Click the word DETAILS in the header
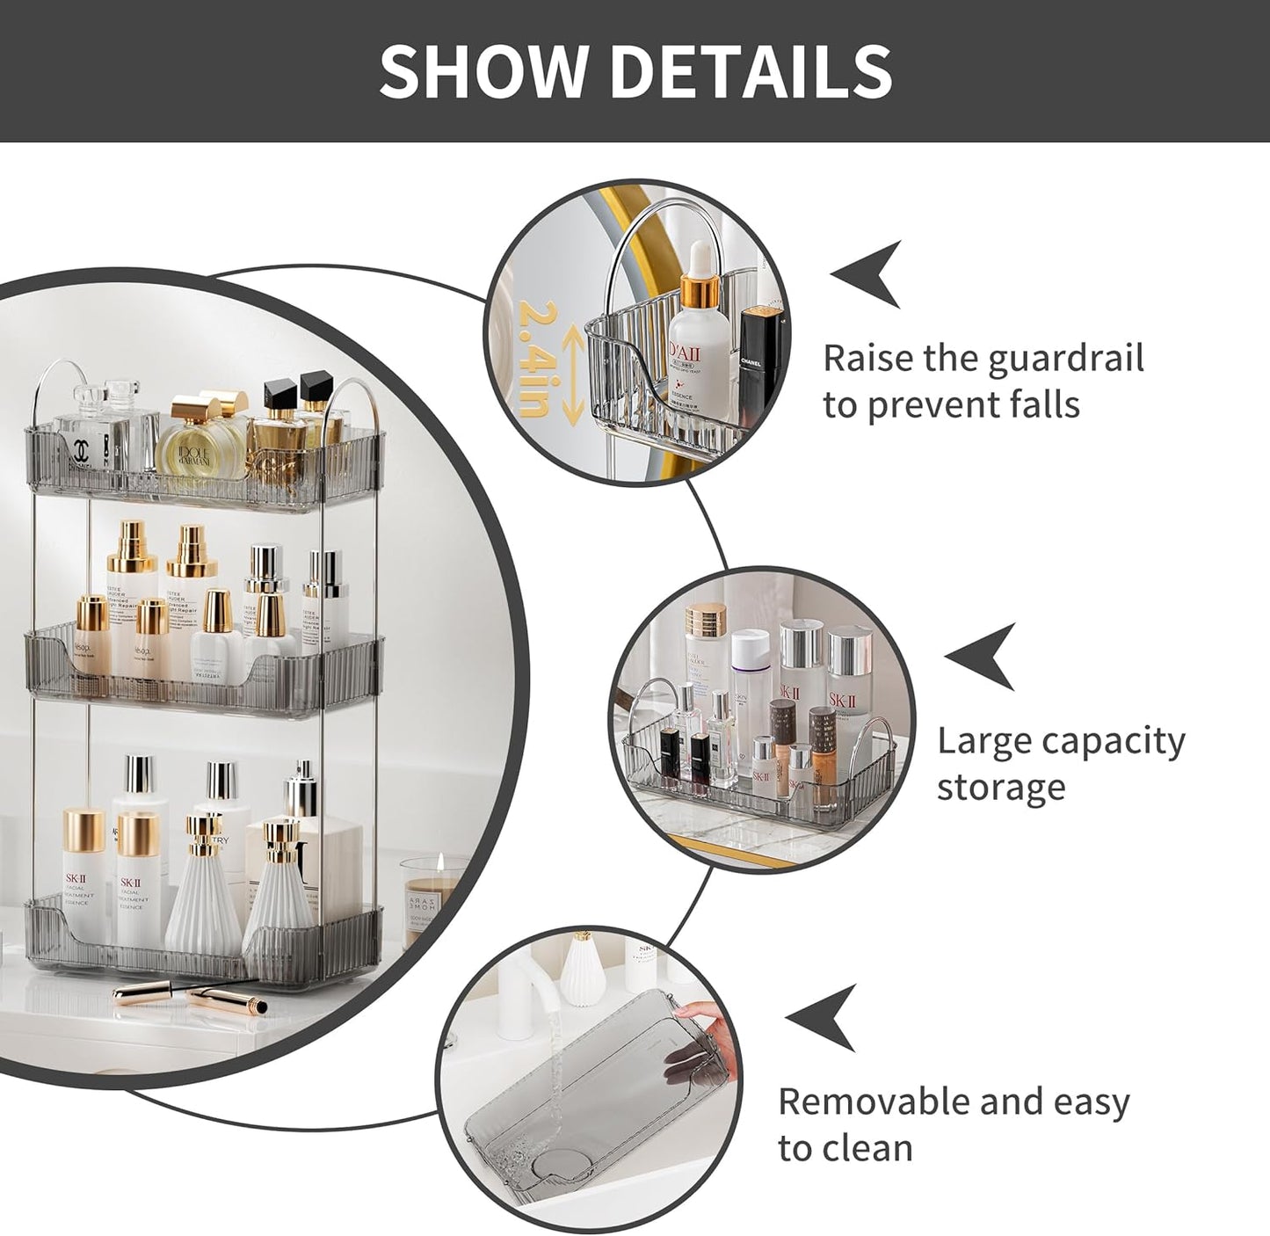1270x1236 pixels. click(x=751, y=70)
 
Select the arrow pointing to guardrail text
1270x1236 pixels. click(x=868, y=273)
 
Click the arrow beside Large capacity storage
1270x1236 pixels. click(x=983, y=656)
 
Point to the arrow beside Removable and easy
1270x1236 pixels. click(x=823, y=1017)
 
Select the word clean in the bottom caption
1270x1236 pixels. click(x=872, y=1148)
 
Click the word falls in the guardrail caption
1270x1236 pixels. click(x=1043, y=405)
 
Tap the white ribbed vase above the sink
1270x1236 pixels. click(x=582, y=967)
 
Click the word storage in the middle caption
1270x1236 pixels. click(x=1001, y=788)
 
